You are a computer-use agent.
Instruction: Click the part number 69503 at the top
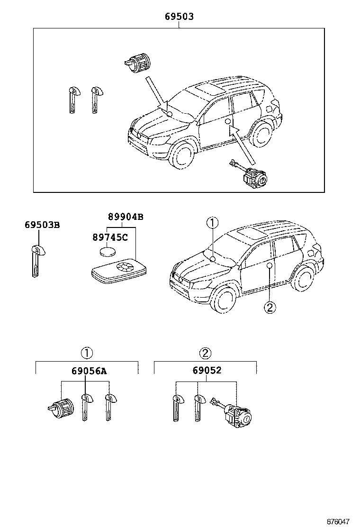179,17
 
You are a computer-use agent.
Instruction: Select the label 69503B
42,225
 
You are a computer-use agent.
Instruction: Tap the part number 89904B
126,217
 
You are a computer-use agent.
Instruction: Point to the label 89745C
110,237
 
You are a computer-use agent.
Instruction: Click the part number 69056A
89,371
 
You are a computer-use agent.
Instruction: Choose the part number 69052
207,371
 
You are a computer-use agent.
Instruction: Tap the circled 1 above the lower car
213,222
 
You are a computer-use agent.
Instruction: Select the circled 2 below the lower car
269,308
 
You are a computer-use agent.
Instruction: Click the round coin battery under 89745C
107,251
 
